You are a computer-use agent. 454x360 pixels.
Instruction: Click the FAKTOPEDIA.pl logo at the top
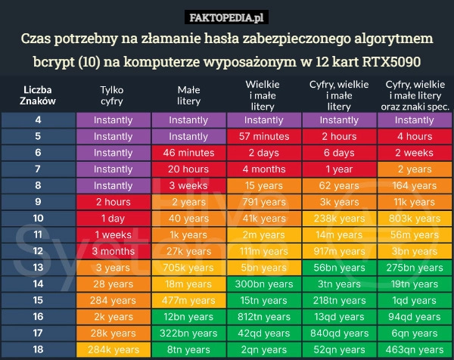(x=226, y=17)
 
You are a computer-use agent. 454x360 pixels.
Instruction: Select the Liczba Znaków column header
(x=38, y=95)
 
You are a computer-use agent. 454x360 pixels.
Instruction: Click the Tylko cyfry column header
(x=113, y=95)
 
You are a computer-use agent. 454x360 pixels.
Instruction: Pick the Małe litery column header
(x=188, y=95)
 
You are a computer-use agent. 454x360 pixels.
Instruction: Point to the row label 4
(x=38, y=120)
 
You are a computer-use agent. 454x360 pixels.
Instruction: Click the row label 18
(x=38, y=349)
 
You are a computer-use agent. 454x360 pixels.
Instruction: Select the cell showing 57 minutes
(x=263, y=137)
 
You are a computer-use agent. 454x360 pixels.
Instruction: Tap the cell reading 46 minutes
(x=188, y=153)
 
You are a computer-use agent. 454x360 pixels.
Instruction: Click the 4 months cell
(x=263, y=169)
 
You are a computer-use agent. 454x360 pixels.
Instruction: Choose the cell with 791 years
(x=263, y=202)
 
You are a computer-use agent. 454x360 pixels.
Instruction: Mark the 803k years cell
(x=414, y=219)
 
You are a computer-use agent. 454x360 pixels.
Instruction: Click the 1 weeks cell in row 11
(x=113, y=235)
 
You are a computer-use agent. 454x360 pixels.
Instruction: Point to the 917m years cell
(x=339, y=251)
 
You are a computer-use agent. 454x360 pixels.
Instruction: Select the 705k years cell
(x=188, y=268)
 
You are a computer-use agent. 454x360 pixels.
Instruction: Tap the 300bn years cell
(x=263, y=284)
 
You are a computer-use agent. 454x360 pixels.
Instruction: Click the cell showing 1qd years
(x=414, y=300)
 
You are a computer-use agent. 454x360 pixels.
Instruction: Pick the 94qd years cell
(x=414, y=317)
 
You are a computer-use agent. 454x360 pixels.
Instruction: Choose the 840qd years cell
(x=339, y=333)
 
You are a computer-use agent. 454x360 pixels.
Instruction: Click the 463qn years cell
(x=414, y=349)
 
